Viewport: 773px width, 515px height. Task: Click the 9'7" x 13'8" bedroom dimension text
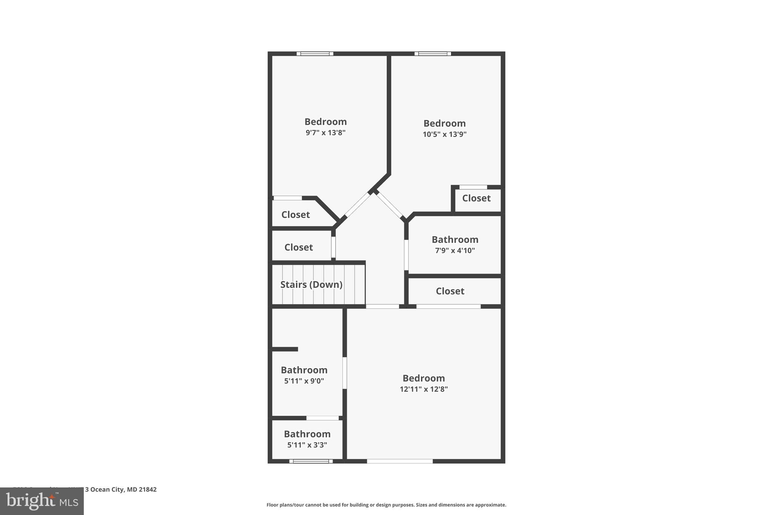point(325,133)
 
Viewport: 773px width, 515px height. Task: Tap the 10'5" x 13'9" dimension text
point(444,134)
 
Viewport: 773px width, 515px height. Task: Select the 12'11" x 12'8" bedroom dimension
point(423,389)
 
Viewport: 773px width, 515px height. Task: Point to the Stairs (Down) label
point(311,284)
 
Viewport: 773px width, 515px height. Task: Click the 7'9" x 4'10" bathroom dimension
point(455,251)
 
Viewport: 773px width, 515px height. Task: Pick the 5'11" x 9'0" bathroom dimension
point(304,381)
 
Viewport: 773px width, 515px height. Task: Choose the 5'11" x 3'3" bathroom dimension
point(307,445)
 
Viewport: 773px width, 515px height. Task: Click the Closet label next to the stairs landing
point(298,248)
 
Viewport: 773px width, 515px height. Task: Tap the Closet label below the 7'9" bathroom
point(450,291)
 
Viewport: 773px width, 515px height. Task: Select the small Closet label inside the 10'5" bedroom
point(476,198)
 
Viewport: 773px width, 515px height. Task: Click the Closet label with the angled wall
point(296,215)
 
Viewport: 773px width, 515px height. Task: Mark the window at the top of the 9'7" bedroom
point(315,54)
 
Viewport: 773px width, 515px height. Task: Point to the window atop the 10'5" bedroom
point(433,54)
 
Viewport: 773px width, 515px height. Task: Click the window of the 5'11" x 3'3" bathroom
point(311,461)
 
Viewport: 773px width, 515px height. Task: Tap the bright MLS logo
point(42,501)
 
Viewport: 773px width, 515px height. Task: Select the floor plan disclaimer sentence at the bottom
point(386,505)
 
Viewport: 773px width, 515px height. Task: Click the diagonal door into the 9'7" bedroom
point(357,205)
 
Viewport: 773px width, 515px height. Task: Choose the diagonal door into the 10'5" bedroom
point(390,205)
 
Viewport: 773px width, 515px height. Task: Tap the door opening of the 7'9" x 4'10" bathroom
point(406,255)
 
